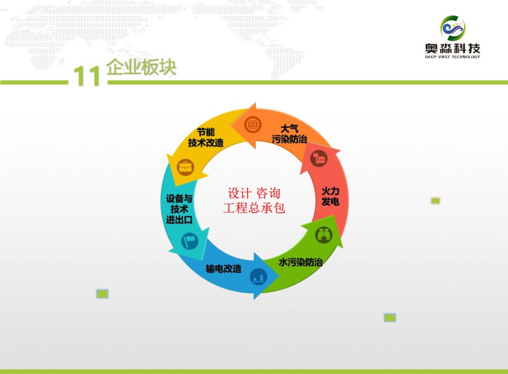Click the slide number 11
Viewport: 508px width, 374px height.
87,76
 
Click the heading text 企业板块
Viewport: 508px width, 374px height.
141,67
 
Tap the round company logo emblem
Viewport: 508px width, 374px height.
452,28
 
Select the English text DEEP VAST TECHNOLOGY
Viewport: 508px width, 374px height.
452,57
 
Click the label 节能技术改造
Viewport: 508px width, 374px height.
206,137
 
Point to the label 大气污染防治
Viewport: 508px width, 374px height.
289,134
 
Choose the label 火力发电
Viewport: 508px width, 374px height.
330,196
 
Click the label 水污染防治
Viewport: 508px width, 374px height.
301,262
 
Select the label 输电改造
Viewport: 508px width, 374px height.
224,268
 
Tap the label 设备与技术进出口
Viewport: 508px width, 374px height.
179,209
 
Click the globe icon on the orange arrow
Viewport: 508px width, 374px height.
253,124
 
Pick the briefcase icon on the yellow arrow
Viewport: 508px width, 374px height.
186,167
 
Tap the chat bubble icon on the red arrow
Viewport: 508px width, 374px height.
319,158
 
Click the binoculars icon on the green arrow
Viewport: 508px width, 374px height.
324,235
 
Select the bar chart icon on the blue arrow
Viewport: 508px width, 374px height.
258,277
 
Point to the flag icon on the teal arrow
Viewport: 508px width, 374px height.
189,241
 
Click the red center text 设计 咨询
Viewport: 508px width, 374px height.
254,193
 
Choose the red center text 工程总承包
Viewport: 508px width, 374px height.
254,207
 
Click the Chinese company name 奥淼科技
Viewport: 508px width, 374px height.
452,49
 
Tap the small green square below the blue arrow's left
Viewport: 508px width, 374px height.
102,294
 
